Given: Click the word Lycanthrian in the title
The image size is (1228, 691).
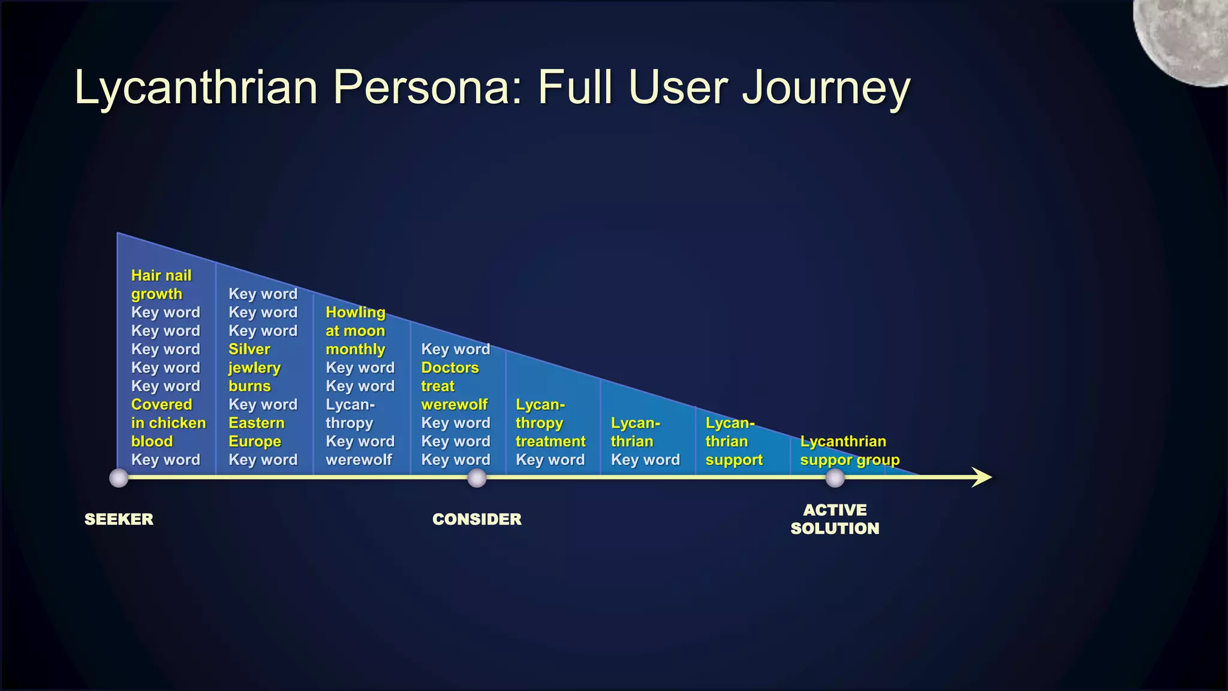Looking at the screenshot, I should point(195,88).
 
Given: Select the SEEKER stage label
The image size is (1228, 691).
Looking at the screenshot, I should point(119,519).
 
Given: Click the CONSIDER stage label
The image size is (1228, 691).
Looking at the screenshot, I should point(477,519).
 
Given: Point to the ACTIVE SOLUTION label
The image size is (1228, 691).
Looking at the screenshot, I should point(835,519).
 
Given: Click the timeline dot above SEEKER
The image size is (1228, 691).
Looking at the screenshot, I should point(119,478).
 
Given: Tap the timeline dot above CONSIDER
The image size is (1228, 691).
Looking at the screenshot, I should point(477,478).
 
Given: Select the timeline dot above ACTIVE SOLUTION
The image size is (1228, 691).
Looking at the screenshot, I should point(835,478).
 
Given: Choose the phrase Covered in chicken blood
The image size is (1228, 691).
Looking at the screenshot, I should point(168,423).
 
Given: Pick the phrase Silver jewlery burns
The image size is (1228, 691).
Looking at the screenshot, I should point(254,368).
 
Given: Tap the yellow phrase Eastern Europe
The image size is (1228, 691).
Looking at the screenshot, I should point(256,432).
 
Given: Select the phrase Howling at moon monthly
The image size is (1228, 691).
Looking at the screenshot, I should point(356,331).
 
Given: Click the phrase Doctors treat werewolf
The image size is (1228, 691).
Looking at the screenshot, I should point(454,386).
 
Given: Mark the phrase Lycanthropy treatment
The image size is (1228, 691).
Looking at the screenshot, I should point(550,423).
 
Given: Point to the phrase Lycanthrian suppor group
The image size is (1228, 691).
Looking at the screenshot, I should point(849,451).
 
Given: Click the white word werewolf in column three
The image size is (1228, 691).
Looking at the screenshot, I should point(359,460).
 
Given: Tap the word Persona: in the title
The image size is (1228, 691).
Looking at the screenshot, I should point(428,88).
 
